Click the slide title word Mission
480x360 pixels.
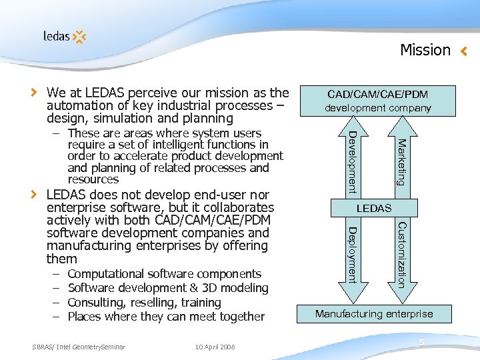pyautogui.click(x=425, y=50)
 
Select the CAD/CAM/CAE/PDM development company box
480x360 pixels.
pyautogui.click(x=377, y=101)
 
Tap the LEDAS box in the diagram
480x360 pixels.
pyautogui.click(x=374, y=209)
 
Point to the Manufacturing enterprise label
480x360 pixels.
pyautogui.click(x=374, y=313)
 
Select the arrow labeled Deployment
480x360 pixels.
pyautogui.click(x=353, y=255)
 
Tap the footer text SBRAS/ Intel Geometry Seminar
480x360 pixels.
pyautogui.click(x=79, y=347)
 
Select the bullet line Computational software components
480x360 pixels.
pyautogui.click(x=164, y=274)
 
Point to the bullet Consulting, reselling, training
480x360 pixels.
pyautogui.click(x=144, y=302)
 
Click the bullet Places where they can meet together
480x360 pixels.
pyautogui.click(x=166, y=317)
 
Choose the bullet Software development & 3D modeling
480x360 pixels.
pyautogui.click(x=168, y=288)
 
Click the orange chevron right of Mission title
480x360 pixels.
pyautogui.click(x=465, y=51)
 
